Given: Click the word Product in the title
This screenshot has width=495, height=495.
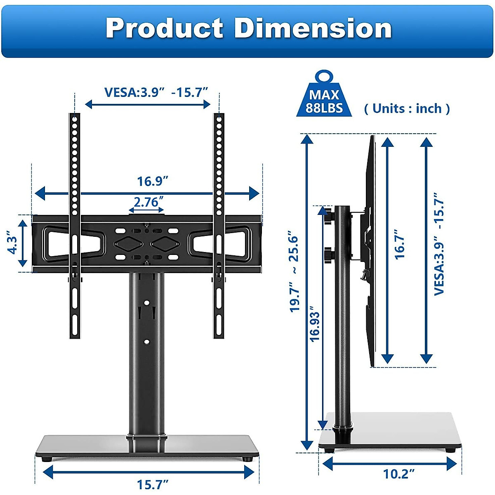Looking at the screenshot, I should pyautogui.click(x=164, y=29).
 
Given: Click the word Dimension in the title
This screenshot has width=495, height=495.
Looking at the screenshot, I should pyautogui.click(x=313, y=29).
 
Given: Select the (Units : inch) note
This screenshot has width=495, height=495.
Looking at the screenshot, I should pyautogui.click(x=407, y=108).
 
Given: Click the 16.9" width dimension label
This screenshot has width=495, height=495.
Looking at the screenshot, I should pyautogui.click(x=153, y=181).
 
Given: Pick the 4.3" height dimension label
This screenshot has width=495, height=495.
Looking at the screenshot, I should pyautogui.click(x=13, y=245).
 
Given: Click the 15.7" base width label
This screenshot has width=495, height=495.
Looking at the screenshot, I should pyautogui.click(x=152, y=484).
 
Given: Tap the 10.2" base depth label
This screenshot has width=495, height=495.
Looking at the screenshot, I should pyautogui.click(x=398, y=474).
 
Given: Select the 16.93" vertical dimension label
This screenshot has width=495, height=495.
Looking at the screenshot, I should pyautogui.click(x=315, y=324).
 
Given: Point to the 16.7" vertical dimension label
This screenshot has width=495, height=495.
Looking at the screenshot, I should pyautogui.click(x=399, y=245).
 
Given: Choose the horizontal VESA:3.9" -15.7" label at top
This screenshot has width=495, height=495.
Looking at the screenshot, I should pyautogui.click(x=156, y=92).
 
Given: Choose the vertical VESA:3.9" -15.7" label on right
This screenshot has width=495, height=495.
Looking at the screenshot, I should pyautogui.click(x=439, y=243).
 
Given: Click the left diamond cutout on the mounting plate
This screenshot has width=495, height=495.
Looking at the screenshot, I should pyautogui.click(x=128, y=244).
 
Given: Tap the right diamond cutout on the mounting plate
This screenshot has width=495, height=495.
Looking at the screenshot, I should pyautogui.click(x=164, y=244).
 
